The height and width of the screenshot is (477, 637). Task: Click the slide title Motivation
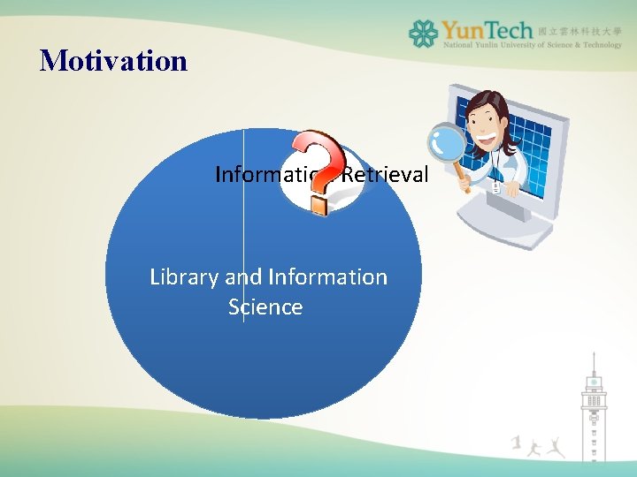click(x=113, y=61)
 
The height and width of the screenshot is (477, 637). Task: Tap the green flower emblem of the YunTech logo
click(x=423, y=34)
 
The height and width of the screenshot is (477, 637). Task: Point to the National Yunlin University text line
click(x=531, y=44)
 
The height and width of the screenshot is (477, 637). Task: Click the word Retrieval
click(x=385, y=175)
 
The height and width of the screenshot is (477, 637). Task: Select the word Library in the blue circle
click(x=184, y=276)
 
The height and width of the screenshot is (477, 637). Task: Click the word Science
click(x=265, y=307)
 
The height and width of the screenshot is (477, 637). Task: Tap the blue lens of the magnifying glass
click(x=446, y=141)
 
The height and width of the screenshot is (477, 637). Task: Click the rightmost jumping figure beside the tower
click(x=555, y=446)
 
